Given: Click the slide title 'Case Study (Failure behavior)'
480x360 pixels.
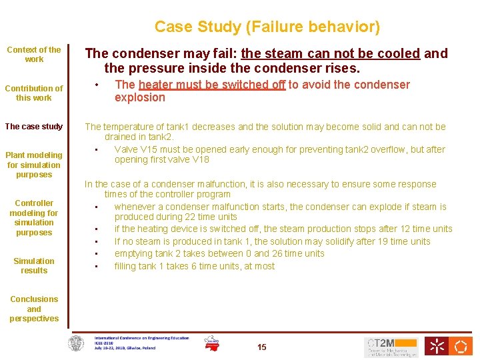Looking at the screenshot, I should (267, 27).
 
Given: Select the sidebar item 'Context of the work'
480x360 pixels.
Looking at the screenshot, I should (33, 54).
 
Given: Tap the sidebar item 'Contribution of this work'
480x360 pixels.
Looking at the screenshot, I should (33, 93).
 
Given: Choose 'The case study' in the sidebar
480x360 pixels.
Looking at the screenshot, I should (33, 127).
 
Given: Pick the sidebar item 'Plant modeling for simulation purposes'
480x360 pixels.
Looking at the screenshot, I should (33, 165).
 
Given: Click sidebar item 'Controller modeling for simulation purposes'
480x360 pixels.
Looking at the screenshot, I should (33, 217).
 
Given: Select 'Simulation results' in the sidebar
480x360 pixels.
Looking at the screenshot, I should (33, 265).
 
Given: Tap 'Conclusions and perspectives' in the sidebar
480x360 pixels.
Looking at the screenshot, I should (33, 309).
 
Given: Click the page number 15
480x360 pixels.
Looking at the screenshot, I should (262, 347).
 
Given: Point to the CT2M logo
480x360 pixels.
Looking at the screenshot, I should (391, 347).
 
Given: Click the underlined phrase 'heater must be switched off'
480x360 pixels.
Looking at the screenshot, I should (212, 85).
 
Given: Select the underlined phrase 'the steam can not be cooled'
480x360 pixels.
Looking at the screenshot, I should (331, 53).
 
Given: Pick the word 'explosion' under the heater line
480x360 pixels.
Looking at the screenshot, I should (140, 97).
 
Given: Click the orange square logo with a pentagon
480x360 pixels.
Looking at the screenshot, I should (461, 346).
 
